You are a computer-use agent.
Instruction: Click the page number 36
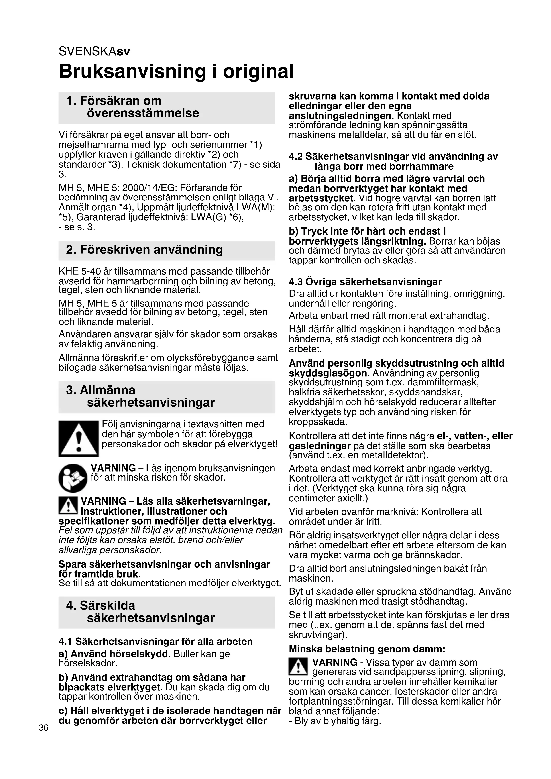point(43,727)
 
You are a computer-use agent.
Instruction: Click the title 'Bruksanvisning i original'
point(176,71)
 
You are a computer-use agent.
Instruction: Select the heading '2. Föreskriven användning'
point(145,250)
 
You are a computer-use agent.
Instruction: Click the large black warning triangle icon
point(78,438)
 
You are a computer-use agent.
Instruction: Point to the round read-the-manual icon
point(73,478)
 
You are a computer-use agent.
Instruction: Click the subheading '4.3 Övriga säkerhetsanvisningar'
point(365,282)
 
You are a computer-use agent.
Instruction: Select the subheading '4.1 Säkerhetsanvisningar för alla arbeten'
point(156,641)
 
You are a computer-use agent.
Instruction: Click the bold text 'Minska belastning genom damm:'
point(367,649)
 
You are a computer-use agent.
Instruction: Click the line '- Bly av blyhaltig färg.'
point(335,721)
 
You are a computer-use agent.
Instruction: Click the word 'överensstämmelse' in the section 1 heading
point(143,113)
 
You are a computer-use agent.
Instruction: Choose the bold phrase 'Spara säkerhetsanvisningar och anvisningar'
point(164,564)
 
